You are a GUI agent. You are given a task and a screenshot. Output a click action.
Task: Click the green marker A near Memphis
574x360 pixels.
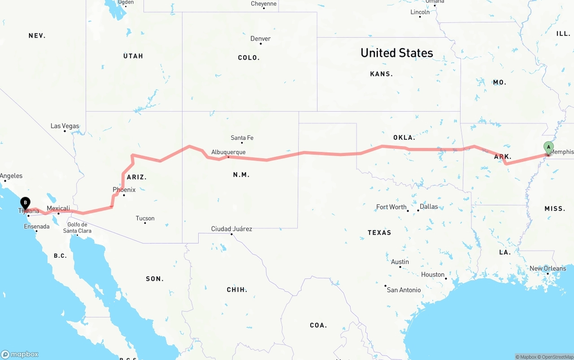click(x=548, y=147)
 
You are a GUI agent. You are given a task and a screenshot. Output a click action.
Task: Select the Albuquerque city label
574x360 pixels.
click(x=228, y=152)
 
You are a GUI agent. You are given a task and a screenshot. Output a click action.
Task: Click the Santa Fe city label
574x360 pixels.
click(x=242, y=138)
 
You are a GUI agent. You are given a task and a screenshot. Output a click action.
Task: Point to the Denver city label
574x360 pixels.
click(x=260, y=39)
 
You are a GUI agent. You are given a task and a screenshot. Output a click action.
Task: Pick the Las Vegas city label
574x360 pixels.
click(x=65, y=126)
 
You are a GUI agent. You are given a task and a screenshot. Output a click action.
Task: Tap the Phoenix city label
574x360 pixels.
click(x=124, y=190)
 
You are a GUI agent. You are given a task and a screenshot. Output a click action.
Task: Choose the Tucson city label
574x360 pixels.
click(x=145, y=218)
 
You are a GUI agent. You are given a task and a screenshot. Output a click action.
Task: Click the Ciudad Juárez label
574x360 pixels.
click(x=231, y=229)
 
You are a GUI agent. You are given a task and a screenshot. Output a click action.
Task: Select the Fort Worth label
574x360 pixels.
click(x=391, y=207)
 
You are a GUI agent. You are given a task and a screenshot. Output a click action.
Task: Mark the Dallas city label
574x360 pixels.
click(x=429, y=207)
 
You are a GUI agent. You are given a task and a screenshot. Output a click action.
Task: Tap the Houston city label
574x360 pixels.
click(x=433, y=274)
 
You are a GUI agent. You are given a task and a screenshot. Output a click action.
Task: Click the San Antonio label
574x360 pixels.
click(x=404, y=290)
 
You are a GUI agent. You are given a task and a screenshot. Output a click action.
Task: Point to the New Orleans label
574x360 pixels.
click(x=548, y=269)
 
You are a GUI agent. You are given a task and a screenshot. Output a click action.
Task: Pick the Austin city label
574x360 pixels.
click(x=400, y=262)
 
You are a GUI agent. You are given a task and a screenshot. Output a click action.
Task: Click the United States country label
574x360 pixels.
click(x=396, y=53)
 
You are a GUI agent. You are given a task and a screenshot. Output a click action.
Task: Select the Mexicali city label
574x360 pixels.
click(x=58, y=208)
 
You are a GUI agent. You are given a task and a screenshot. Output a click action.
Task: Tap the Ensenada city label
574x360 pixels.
click(x=37, y=226)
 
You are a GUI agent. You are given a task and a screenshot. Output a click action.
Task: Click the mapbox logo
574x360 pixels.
click(x=20, y=354)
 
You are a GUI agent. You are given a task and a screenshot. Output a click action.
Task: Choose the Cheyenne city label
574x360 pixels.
click(x=263, y=4)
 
